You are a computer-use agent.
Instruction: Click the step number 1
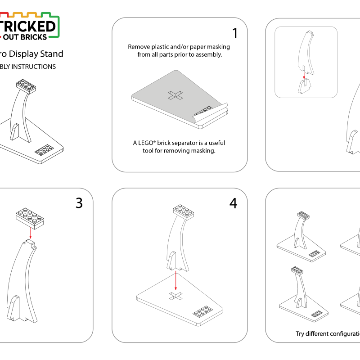(235, 33)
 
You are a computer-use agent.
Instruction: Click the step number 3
(79, 203)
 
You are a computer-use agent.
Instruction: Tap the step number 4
(233, 203)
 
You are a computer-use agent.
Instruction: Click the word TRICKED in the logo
(27, 26)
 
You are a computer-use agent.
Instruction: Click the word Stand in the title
(52, 54)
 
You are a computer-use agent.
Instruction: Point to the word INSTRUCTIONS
(33, 67)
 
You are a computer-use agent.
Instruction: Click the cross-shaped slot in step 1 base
(175, 95)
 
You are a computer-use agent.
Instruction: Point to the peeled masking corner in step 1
(210, 113)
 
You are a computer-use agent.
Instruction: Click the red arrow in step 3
(30, 233)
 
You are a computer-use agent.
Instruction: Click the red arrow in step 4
(175, 280)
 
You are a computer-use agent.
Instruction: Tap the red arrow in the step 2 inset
(304, 76)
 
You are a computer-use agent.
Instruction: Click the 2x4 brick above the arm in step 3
(30, 218)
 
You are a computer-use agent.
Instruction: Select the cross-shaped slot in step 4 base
(176, 296)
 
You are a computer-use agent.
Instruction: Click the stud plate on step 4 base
(202, 311)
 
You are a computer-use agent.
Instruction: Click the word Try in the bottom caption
(300, 334)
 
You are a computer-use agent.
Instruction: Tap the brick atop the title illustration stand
(26, 86)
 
